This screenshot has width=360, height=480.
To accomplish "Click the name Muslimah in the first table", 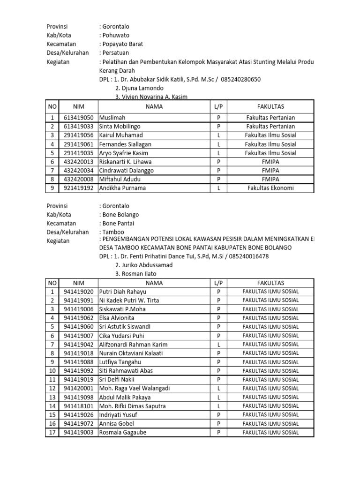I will tap(112, 118).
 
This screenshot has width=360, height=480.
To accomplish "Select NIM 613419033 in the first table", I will tap(78, 127).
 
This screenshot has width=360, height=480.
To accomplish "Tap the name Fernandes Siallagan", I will tap(125, 144).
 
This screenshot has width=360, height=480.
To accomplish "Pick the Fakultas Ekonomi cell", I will tap(271, 188).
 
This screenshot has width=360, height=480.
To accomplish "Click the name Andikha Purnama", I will tap(122, 188).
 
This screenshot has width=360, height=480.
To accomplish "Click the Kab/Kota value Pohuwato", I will tap(115, 35).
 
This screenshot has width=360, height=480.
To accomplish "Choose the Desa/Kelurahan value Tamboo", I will tap(114, 232).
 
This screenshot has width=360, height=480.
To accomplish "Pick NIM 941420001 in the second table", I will tap(78, 388).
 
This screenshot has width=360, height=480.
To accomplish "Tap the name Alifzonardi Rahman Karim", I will tap(133, 345).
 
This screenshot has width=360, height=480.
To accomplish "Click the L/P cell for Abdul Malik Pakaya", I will tap(218, 397).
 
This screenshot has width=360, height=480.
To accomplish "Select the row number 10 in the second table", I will tap(52, 371).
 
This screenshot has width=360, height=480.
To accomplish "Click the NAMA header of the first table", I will tap(153, 106).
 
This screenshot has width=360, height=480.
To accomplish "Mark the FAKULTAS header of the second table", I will tap(270, 283).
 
